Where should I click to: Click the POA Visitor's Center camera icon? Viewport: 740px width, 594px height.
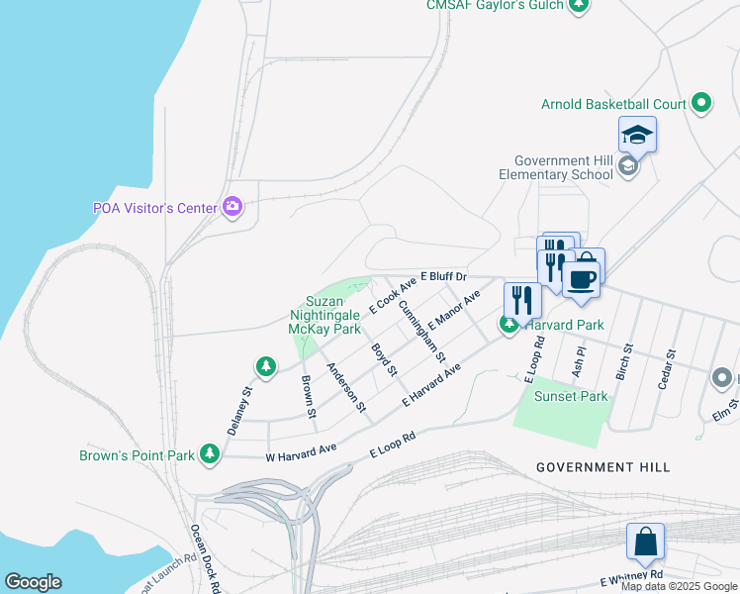click(x=232, y=206)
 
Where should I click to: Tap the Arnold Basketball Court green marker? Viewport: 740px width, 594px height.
click(x=701, y=102)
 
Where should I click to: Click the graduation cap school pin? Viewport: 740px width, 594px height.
click(x=637, y=135)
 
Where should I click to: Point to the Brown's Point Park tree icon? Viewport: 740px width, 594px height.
click(x=209, y=454)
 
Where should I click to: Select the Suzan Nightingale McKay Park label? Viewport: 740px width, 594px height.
click(x=324, y=314)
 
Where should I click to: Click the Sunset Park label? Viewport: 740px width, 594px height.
click(x=571, y=396)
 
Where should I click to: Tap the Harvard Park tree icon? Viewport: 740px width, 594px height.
click(x=509, y=325)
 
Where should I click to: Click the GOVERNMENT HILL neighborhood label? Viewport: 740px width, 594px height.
click(x=602, y=466)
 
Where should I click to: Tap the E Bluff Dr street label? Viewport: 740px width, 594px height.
click(x=442, y=275)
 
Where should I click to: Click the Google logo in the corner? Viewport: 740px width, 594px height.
click(x=33, y=582)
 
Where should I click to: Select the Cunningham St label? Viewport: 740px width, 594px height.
click(x=421, y=329)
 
